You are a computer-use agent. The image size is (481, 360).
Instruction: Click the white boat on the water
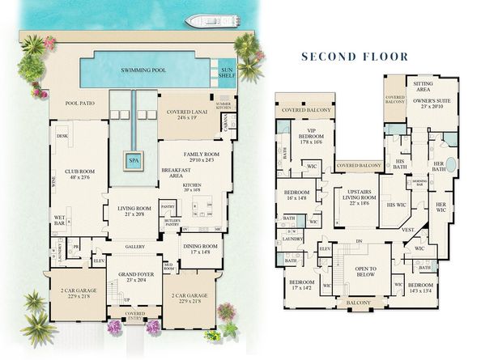click(x=207, y=20)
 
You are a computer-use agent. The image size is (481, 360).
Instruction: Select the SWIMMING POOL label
click(x=143, y=70)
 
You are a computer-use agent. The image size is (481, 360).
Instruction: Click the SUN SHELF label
click(x=228, y=74)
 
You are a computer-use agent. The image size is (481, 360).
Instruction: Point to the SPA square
click(x=134, y=160)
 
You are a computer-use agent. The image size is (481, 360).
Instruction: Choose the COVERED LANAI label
click(x=187, y=113)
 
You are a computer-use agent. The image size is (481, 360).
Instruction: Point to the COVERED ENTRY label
click(x=134, y=315)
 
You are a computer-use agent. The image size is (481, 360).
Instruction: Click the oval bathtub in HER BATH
click(x=450, y=171)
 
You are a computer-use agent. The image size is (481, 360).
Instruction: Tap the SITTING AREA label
click(x=424, y=86)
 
